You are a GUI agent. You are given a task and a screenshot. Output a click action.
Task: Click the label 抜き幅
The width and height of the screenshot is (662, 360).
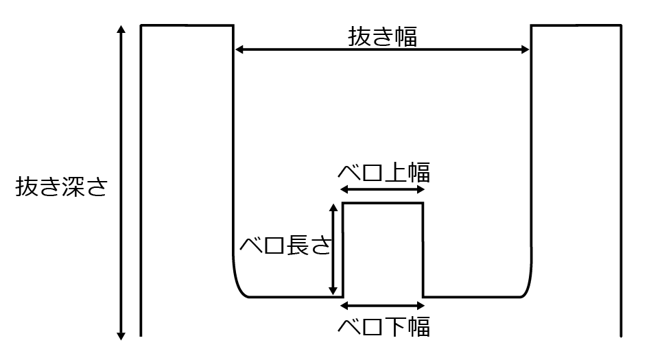[382, 36]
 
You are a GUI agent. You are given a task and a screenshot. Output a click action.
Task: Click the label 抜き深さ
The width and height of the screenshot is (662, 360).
[62, 187]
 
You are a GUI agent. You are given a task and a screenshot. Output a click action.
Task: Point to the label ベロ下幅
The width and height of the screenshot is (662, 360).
[383, 326]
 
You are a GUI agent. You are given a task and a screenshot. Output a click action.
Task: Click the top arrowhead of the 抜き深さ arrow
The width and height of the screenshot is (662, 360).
[121, 29]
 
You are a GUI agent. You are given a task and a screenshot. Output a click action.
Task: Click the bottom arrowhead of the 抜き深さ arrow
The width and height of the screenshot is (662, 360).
[121, 335]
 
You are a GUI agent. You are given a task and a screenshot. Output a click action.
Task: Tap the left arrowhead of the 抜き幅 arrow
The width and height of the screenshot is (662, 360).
[239, 49]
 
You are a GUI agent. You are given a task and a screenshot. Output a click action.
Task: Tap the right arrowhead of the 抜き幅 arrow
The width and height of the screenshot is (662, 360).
[526, 49]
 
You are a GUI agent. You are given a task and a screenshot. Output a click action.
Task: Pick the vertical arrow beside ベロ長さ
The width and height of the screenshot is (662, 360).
[333, 249]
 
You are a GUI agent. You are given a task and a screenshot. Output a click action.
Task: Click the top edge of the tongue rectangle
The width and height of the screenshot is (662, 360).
[383, 203]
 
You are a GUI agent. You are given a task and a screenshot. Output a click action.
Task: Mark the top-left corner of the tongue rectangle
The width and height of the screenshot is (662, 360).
[343, 203]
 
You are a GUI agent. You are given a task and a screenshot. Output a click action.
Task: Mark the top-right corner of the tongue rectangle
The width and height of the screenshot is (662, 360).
[423, 203]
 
